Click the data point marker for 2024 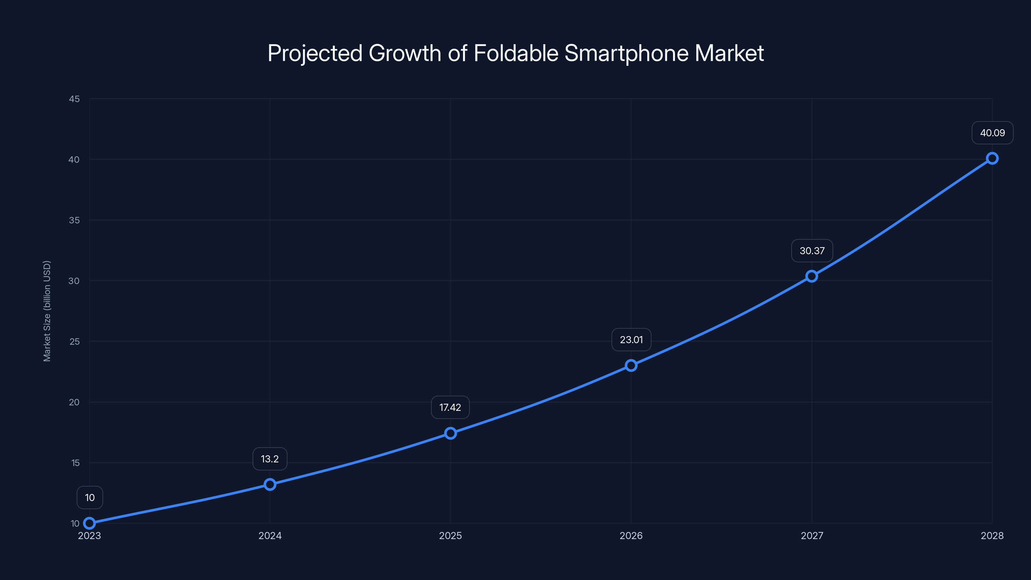pyautogui.click(x=270, y=484)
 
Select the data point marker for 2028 pyautogui.click(x=992, y=158)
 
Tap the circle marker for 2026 pyautogui.click(x=631, y=365)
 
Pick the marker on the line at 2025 pyautogui.click(x=450, y=433)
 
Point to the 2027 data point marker pyautogui.click(x=811, y=276)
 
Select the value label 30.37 pyautogui.click(x=812, y=251)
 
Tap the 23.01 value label pyautogui.click(x=631, y=340)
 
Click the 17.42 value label pyautogui.click(x=450, y=408)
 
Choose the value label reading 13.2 pyautogui.click(x=270, y=459)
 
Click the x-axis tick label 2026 pyautogui.click(x=631, y=536)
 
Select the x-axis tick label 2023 pyautogui.click(x=89, y=536)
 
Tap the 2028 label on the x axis pyautogui.click(x=992, y=536)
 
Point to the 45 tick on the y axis pyautogui.click(x=74, y=99)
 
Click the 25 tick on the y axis pyautogui.click(x=74, y=342)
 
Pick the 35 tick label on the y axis pyautogui.click(x=74, y=220)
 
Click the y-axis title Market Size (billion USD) pyautogui.click(x=47, y=311)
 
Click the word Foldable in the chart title pyautogui.click(x=515, y=53)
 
